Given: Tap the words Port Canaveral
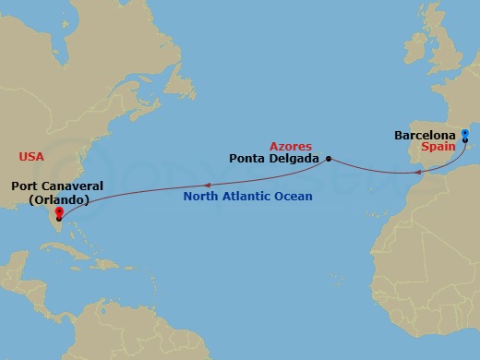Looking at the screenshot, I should point(56,186).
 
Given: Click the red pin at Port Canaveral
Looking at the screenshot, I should point(59,214).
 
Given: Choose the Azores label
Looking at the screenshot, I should point(290,146).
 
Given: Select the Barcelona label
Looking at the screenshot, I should point(426,135).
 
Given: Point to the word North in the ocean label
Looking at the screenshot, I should point(201,197).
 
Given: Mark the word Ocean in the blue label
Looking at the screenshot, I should point(294,197).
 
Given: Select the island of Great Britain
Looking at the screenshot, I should point(427,60).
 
